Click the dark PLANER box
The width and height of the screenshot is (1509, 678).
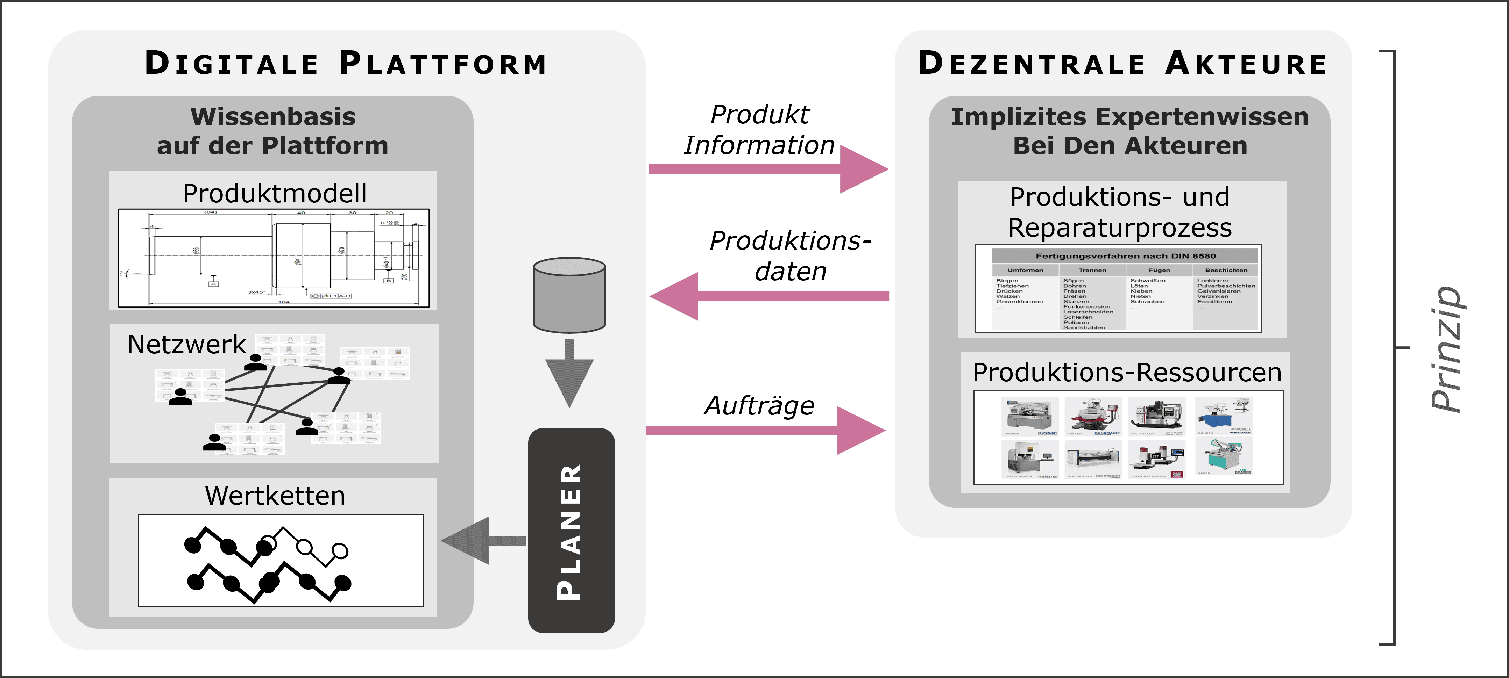(x=571, y=530)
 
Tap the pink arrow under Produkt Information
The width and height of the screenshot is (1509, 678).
(x=767, y=169)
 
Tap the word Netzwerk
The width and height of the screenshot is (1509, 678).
(x=186, y=344)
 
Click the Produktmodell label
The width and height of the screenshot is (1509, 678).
(x=274, y=193)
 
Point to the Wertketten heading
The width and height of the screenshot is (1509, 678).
(x=274, y=496)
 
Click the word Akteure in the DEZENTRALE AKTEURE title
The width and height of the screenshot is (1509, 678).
(x=1246, y=63)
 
